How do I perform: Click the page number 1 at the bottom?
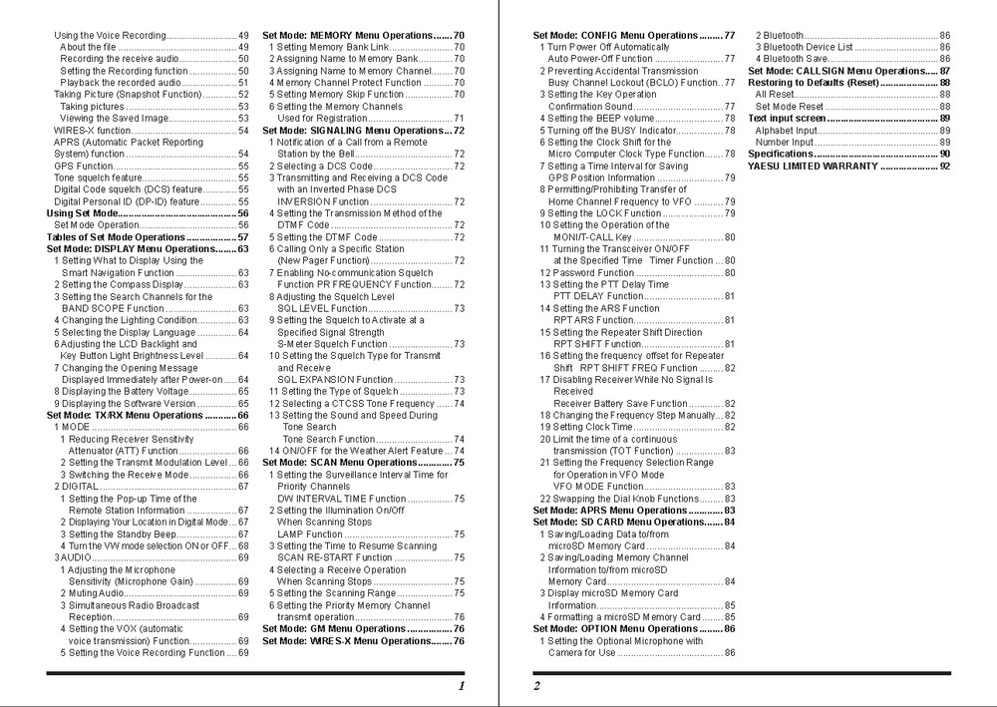point(462,686)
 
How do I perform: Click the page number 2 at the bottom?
point(536,686)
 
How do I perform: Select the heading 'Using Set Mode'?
point(84,213)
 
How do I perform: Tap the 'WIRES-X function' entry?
point(92,130)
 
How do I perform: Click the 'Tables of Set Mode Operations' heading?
point(116,237)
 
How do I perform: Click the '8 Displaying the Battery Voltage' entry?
point(126,392)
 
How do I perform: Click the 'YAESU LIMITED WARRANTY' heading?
point(814,166)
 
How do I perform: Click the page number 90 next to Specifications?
point(943,154)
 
